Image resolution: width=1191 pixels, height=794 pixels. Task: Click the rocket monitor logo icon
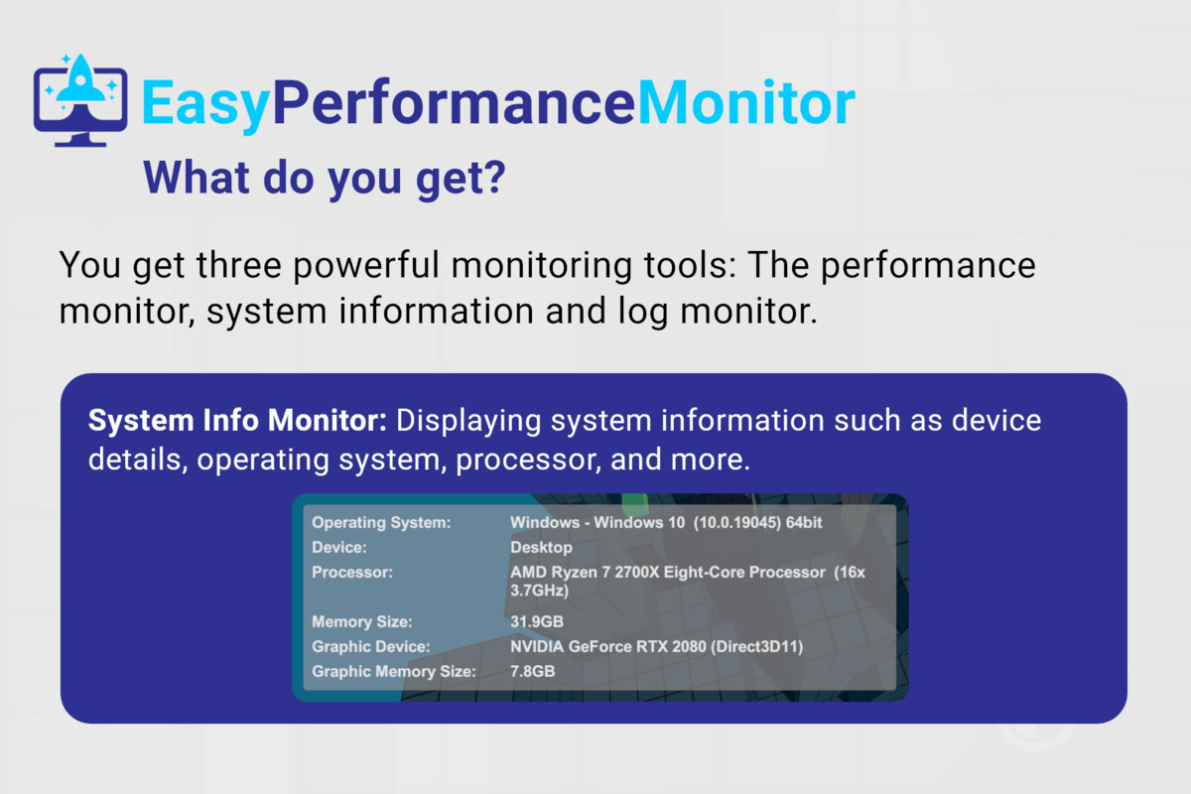[80, 100]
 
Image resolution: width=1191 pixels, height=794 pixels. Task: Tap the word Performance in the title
[454, 102]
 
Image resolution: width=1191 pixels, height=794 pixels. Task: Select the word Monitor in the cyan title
[746, 102]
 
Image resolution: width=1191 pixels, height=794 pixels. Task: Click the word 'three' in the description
[238, 265]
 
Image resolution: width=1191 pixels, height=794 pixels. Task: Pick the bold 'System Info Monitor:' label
[237, 420]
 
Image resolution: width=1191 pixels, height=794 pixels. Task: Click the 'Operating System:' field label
[381, 522]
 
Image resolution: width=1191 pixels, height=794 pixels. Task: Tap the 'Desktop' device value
[541, 547]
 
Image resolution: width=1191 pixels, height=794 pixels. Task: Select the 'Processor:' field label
[352, 573]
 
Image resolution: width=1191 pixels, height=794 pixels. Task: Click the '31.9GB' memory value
[537, 621]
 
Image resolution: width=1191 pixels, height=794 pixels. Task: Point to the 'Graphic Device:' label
[370, 647]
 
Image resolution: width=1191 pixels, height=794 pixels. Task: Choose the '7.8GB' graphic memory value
[532, 671]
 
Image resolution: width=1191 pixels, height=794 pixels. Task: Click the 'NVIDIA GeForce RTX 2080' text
[608, 647]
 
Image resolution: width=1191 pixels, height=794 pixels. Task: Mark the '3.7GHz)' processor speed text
[539, 591]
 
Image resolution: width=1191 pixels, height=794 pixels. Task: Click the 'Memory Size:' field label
[361, 621]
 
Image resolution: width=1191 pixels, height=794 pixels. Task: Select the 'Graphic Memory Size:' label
[393, 671]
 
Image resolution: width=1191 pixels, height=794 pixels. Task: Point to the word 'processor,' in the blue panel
[528, 460]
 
